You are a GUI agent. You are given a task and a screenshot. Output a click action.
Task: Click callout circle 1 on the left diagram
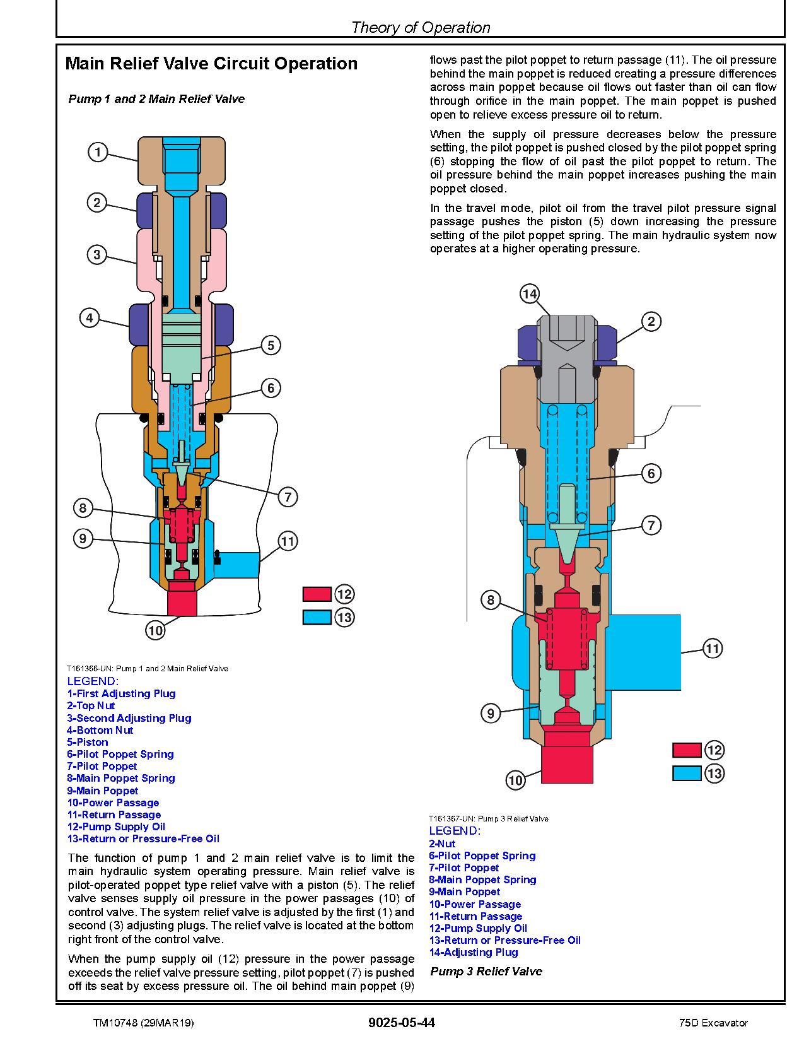(x=98, y=152)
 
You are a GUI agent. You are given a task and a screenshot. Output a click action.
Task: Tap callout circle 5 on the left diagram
(x=271, y=345)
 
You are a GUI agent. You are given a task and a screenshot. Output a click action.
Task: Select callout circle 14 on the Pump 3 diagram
(x=530, y=293)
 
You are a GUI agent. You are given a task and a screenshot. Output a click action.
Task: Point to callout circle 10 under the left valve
(x=156, y=630)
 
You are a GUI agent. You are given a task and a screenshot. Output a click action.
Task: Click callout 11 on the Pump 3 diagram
(x=713, y=649)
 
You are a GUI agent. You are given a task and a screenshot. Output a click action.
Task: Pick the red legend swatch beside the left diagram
(x=317, y=594)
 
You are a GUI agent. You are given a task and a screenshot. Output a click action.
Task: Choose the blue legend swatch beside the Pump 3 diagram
(x=686, y=773)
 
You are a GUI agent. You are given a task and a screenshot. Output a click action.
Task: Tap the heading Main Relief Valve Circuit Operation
(x=211, y=63)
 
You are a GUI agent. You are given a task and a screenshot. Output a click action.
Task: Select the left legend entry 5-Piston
(x=88, y=742)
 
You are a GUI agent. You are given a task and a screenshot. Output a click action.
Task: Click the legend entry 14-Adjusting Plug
(x=474, y=953)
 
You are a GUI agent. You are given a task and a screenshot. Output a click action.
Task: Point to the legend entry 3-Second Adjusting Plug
(x=129, y=717)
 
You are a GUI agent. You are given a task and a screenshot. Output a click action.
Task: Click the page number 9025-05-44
(x=402, y=1023)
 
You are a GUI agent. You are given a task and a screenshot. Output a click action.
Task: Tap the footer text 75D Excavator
(x=713, y=1023)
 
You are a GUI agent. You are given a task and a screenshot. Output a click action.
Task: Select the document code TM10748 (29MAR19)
(x=144, y=1023)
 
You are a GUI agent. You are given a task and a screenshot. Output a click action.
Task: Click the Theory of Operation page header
(x=421, y=27)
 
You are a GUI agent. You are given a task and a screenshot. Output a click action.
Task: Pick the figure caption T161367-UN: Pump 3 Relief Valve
(x=489, y=819)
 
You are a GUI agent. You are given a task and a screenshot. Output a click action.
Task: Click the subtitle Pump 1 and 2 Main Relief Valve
(x=156, y=98)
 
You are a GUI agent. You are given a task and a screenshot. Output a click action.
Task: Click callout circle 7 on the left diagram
(x=288, y=497)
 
